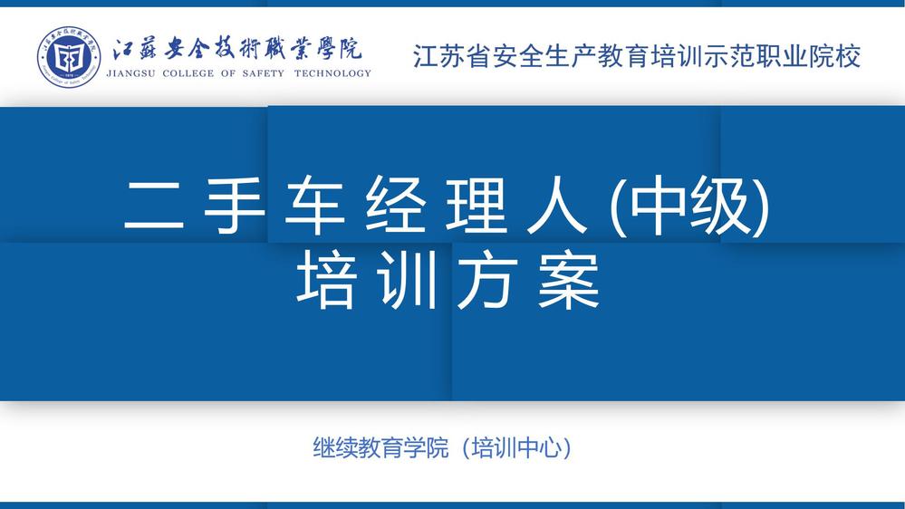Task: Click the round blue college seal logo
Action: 69,56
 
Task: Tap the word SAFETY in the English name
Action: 264,73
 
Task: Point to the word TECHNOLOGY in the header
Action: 332,73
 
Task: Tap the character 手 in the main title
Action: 235,205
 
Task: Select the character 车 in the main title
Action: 314,205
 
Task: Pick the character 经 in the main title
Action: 395,205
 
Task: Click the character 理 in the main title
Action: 476,205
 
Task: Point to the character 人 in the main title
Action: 556,205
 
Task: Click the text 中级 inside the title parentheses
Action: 689,205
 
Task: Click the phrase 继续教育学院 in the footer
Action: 380,447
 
